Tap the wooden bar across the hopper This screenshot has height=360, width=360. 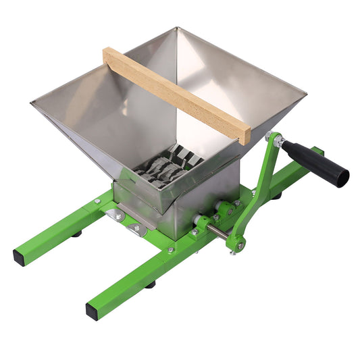click(176, 94)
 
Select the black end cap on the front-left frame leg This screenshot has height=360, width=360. click(21, 257)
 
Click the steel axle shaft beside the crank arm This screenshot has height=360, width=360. click(217, 231)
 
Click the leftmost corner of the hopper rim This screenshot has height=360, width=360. click(32, 103)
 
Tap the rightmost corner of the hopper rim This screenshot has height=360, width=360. click(305, 91)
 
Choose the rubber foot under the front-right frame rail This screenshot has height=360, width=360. click(150, 284)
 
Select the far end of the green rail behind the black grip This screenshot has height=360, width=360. click(318, 151)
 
